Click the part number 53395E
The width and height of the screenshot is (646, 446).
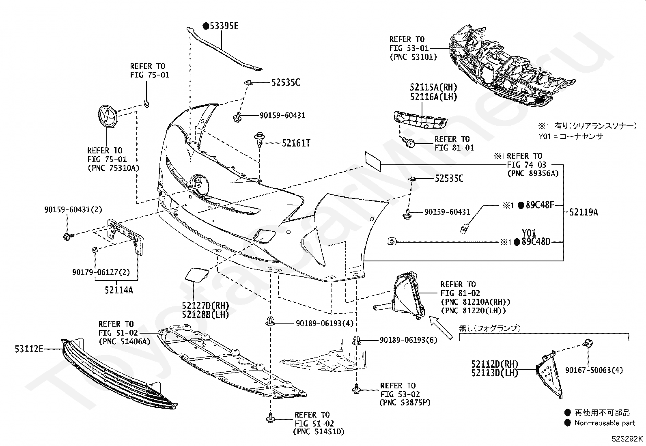point(224,26)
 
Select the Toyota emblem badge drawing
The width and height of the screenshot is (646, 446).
point(107,116)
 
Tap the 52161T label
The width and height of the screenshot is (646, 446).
point(296,143)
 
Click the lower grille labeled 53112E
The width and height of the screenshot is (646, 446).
point(118,374)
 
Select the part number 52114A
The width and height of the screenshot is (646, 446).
point(119,290)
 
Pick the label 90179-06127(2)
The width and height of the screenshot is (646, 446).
point(101,272)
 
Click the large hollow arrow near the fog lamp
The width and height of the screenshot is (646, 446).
point(441,328)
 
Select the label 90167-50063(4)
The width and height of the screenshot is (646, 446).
point(594,370)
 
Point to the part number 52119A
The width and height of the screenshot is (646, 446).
point(584,212)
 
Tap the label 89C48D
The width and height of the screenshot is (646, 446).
point(536,242)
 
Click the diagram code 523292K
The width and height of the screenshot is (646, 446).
point(627,439)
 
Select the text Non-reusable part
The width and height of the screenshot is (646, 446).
point(605,423)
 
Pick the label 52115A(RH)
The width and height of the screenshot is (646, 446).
point(433,87)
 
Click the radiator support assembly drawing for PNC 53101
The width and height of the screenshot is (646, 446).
point(512,68)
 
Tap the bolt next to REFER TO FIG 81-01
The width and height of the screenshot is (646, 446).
point(409,142)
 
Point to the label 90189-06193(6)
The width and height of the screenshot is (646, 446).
point(408,340)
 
